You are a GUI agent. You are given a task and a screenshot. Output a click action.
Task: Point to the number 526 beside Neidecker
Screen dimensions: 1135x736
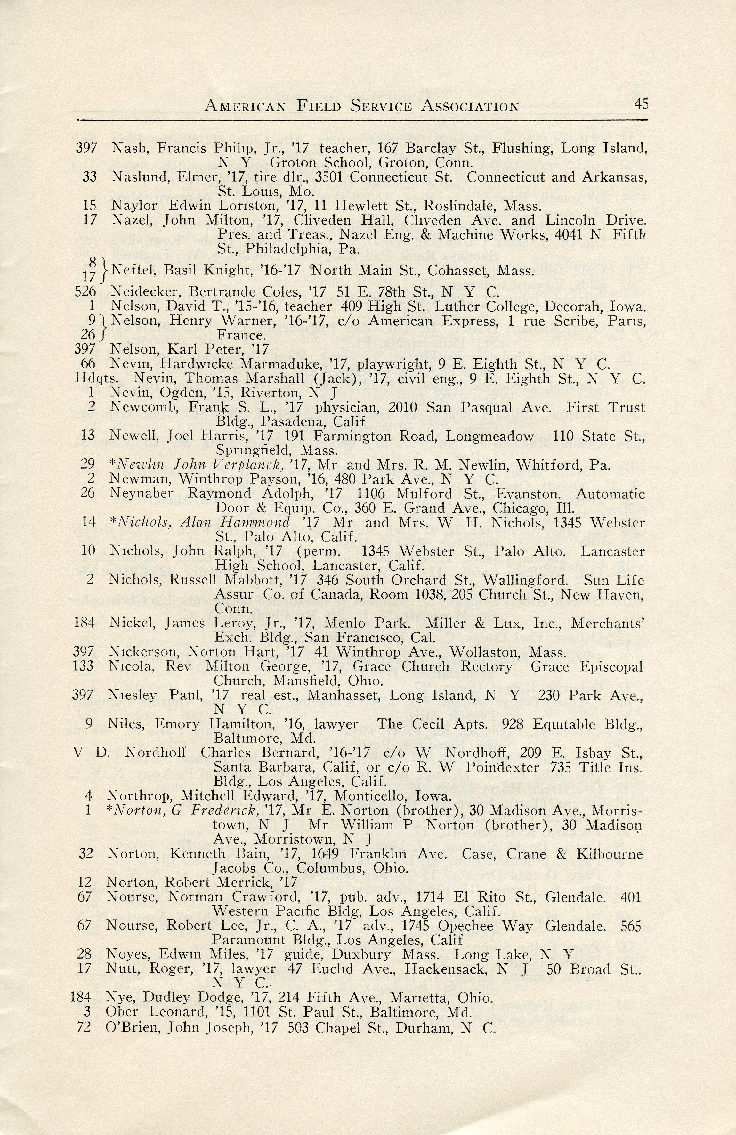click(86, 291)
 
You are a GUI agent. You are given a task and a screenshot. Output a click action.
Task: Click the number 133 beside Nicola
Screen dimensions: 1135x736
click(84, 666)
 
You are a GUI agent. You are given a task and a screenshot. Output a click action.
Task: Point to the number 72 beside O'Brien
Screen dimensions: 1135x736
click(84, 1027)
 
